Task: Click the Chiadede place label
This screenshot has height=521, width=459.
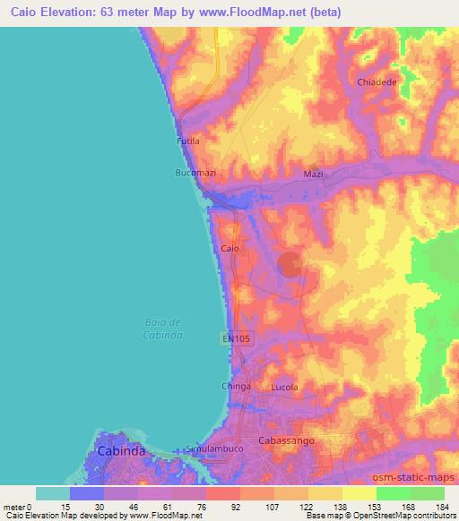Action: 377,81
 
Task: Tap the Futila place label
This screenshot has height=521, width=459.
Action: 187,141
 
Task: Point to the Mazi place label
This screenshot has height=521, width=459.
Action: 313,174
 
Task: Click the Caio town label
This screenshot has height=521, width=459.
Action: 229,248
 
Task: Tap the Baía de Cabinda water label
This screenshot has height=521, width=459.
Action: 163,329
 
